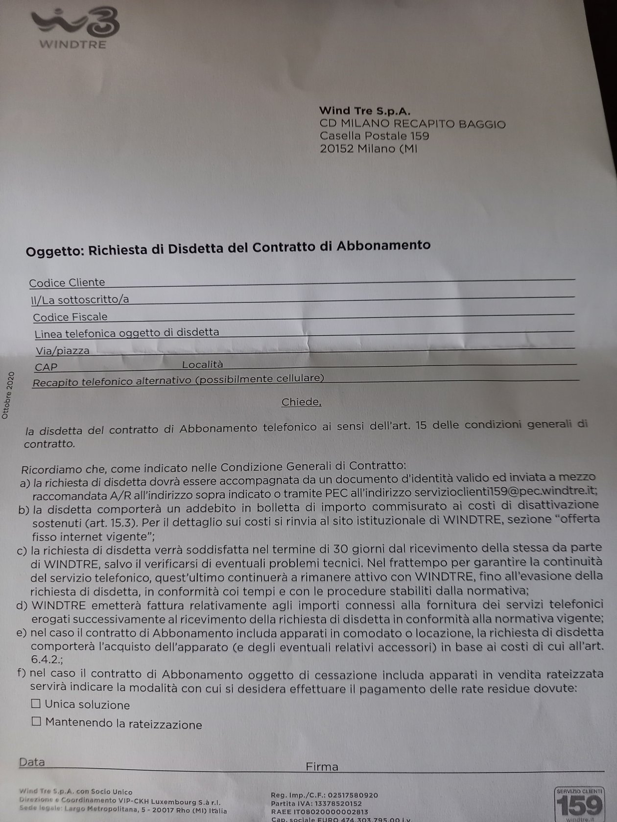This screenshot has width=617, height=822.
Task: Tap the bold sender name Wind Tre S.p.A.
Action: pos(364,111)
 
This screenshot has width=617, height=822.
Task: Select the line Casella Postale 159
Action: pos(374,136)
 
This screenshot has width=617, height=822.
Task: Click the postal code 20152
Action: pos(336,149)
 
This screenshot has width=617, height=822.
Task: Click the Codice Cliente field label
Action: pos(67,282)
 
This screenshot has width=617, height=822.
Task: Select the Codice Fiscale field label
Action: pos(70,317)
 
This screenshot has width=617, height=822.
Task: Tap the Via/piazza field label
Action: pos(62,351)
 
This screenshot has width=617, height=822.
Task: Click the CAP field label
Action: pos(46,367)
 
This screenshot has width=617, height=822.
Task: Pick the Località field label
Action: pos(202,365)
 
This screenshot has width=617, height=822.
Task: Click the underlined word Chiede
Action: pos(301,402)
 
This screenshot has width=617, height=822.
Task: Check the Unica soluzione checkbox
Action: pos(36,704)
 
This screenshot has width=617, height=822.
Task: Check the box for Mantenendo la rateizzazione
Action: pos(36,721)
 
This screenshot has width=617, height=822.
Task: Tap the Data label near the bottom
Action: pos(32,762)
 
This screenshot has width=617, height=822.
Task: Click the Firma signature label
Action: pos(322,766)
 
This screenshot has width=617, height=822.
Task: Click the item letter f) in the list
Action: pos(21,673)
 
